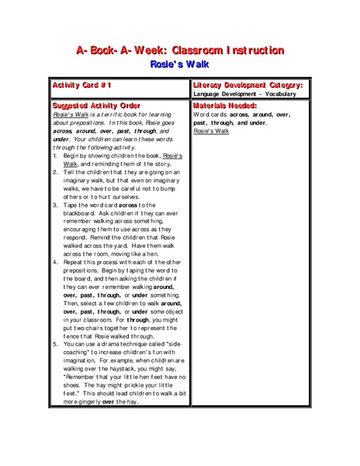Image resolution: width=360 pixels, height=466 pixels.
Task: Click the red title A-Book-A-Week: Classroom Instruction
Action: click(x=179, y=50)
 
